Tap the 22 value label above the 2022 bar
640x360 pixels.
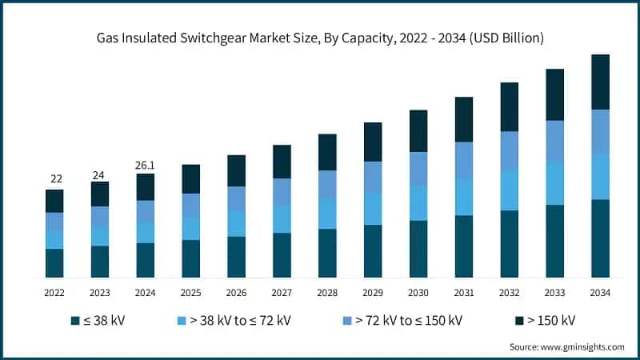click(x=55, y=178)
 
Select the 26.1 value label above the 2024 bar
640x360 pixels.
click(x=146, y=165)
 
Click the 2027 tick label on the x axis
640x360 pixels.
click(x=282, y=293)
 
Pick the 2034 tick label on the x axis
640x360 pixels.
click(x=600, y=293)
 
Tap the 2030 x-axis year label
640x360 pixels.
click(x=418, y=293)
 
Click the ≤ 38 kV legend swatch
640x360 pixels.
click(x=74, y=321)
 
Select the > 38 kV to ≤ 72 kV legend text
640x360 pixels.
click(x=240, y=321)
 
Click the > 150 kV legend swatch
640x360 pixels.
click(x=518, y=321)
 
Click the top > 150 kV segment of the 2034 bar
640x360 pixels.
click(x=600, y=82)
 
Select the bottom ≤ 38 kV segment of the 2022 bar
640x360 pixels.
click(x=54, y=263)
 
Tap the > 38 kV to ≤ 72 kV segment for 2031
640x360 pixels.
click(x=464, y=196)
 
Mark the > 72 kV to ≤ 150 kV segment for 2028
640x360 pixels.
click(x=327, y=184)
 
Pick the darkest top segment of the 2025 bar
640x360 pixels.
click(x=190, y=178)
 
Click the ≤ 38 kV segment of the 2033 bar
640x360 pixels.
click(x=554, y=241)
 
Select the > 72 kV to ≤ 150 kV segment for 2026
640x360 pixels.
click(x=236, y=198)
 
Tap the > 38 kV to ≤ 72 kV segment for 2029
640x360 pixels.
click(x=373, y=209)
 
